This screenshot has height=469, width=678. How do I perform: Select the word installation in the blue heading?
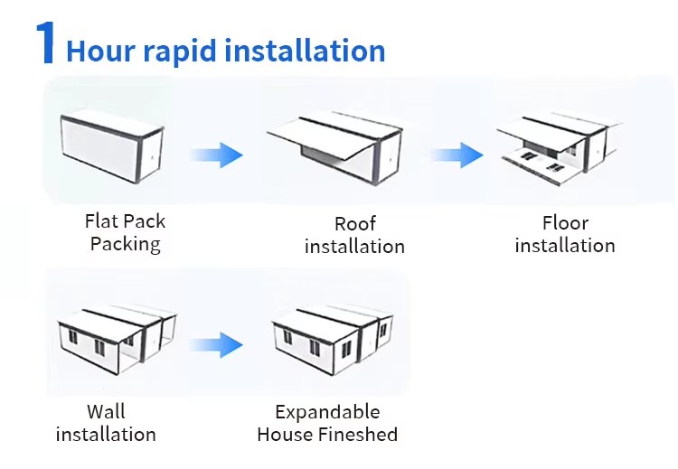point(305,51)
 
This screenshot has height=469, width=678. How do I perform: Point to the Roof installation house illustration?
point(335,147)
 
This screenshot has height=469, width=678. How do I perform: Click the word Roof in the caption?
point(354,224)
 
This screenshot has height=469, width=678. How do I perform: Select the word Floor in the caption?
point(565,223)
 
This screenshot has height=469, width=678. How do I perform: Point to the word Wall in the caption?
point(106,412)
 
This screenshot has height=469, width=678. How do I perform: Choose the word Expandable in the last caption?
point(327,412)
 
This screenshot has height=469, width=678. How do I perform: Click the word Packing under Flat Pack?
point(125,244)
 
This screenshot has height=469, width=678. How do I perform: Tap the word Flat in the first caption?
point(101,221)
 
